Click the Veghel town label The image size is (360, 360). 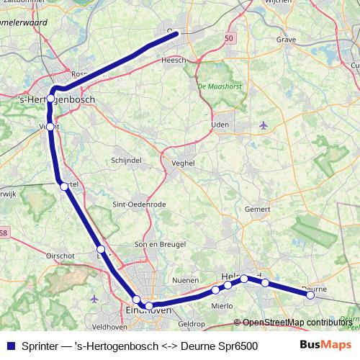184,163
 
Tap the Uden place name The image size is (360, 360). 220,124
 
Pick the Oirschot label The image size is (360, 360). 60,255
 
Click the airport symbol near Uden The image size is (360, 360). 263,125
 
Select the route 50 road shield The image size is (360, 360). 229,37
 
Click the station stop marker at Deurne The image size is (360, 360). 310,294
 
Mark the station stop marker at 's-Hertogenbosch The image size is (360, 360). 50,99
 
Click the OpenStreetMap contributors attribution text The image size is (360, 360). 297,323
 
